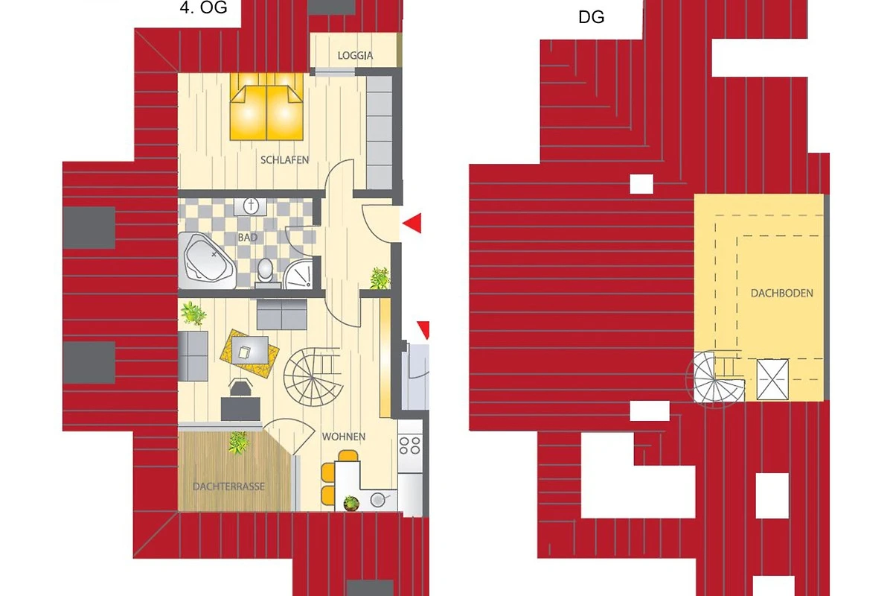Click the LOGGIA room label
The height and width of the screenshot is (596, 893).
click(x=355, y=55)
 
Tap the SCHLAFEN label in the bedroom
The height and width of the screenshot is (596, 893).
click(x=284, y=160)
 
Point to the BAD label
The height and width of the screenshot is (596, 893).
click(x=248, y=238)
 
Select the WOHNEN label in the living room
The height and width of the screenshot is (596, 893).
click(x=344, y=437)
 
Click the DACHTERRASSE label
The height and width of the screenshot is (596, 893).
click(x=228, y=486)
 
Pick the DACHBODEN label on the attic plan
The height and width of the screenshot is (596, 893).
click(x=782, y=294)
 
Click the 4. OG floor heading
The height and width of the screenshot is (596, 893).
click(x=203, y=7)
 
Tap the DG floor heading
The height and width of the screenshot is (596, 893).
click(x=591, y=17)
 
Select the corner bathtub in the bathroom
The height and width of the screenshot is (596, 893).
click(x=207, y=260)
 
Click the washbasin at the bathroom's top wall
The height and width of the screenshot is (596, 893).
click(x=251, y=206)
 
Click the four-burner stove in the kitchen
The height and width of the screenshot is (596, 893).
click(x=410, y=446)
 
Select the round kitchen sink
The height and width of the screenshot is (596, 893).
click(x=377, y=499)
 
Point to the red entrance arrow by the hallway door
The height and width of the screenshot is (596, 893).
click(x=412, y=223)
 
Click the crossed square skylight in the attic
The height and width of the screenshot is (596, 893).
click(x=772, y=379)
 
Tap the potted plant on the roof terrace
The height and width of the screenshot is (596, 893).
click(x=239, y=443)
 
